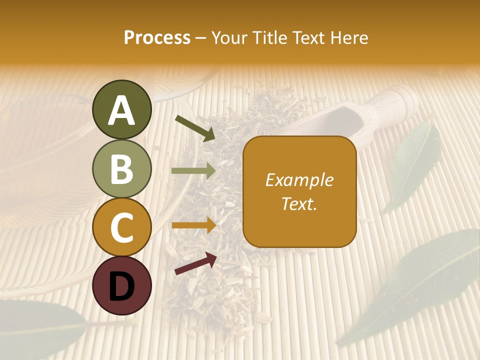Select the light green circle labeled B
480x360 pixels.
click(x=121, y=168)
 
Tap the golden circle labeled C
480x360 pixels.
click(x=121, y=227)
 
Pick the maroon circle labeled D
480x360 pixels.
click(x=121, y=285)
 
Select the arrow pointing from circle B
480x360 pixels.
click(x=193, y=171)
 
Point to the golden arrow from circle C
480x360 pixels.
click(x=193, y=225)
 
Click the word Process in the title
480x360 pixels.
click(x=157, y=37)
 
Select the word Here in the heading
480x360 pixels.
click(x=350, y=37)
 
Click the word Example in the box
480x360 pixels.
click(x=299, y=180)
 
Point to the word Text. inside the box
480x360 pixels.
click(x=299, y=203)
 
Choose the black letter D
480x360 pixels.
click(x=121, y=286)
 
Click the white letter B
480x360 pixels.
click(x=121, y=169)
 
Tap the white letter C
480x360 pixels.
click(x=121, y=228)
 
